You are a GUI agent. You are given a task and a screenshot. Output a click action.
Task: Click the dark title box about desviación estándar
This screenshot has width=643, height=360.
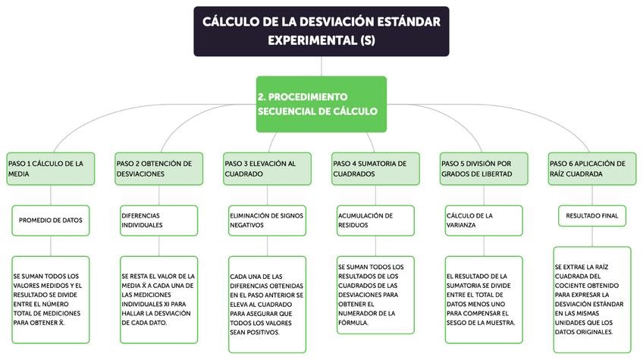point(321,31)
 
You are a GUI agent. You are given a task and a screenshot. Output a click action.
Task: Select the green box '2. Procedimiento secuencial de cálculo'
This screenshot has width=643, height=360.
point(321,104)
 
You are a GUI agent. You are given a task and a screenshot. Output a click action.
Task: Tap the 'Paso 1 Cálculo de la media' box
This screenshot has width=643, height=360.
point(51,168)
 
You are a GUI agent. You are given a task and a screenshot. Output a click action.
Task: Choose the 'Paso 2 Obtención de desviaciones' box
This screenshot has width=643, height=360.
point(158,168)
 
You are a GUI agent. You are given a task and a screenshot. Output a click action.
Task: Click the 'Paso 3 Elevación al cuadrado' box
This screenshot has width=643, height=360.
point(267,168)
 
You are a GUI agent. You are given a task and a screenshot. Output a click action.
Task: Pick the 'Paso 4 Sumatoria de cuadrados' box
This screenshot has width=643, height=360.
point(375,168)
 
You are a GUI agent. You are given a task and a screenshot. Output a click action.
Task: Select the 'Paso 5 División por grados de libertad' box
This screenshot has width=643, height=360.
point(484,168)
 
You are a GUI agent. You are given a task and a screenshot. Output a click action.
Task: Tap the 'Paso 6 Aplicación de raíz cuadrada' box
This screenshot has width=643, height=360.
point(591,168)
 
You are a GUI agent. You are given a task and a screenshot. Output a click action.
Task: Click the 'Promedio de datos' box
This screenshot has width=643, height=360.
point(51,220)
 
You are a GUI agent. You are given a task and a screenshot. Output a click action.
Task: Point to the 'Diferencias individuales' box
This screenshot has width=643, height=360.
point(158,220)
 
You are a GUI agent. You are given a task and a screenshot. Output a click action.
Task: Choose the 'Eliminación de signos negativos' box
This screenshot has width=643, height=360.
point(267,220)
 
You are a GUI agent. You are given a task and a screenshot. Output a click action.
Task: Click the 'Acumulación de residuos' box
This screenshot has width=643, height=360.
point(375,220)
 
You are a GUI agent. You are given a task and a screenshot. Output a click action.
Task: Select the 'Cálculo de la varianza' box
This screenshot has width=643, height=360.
point(484,220)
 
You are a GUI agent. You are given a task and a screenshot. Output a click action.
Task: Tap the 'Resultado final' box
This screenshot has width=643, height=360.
point(591,216)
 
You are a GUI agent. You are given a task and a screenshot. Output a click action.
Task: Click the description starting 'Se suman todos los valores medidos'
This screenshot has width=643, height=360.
point(51,299)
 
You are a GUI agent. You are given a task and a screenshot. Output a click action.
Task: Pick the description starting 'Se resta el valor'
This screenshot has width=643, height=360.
point(158,299)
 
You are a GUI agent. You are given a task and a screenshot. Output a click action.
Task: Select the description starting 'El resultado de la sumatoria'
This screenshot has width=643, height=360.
point(484,299)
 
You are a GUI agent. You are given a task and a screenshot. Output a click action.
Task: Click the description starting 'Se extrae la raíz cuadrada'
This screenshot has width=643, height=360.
point(591,299)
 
